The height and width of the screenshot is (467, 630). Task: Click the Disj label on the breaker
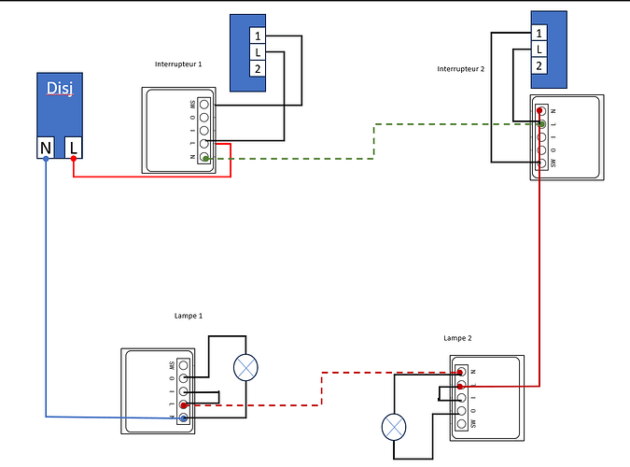[x=60, y=89]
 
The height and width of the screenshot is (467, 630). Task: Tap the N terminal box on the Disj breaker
[x=46, y=147]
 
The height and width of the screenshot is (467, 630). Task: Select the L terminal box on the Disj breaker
[x=74, y=147]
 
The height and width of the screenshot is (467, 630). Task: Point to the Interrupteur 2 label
[x=474, y=69]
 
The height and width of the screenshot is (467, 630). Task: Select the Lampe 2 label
[x=464, y=336]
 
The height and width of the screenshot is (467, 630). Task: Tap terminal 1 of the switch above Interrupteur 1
[x=257, y=36]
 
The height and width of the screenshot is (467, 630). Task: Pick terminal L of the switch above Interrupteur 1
[x=257, y=53]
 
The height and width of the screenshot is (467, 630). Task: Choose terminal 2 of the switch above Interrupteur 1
[x=257, y=70]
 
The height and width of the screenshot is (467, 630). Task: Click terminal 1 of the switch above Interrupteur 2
[x=539, y=33]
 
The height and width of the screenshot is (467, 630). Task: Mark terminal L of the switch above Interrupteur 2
[x=539, y=49]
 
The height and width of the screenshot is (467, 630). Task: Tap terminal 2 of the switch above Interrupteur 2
[x=539, y=65]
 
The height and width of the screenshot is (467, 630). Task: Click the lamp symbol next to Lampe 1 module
[x=247, y=367]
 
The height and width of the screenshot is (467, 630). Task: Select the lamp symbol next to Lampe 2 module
[x=396, y=429]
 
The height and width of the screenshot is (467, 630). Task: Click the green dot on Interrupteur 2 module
[x=542, y=123]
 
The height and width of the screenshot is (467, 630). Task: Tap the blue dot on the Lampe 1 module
[x=183, y=419]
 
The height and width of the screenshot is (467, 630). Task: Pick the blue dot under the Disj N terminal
[x=46, y=160]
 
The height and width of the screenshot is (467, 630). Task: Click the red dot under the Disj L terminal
[x=74, y=160]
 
